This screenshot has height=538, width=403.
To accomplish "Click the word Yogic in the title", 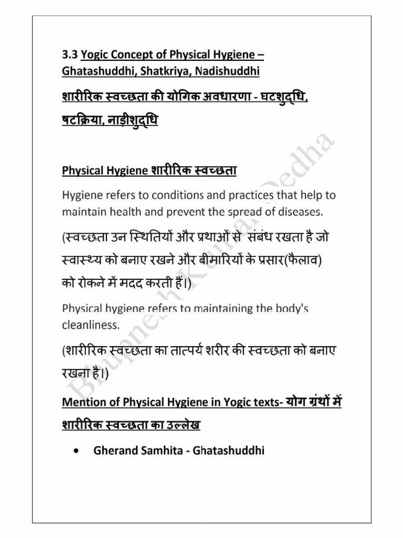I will (x=96, y=55).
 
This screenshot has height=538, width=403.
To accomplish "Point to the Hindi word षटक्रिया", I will (x=84, y=121).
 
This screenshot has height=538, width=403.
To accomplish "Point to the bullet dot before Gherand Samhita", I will (x=78, y=450).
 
